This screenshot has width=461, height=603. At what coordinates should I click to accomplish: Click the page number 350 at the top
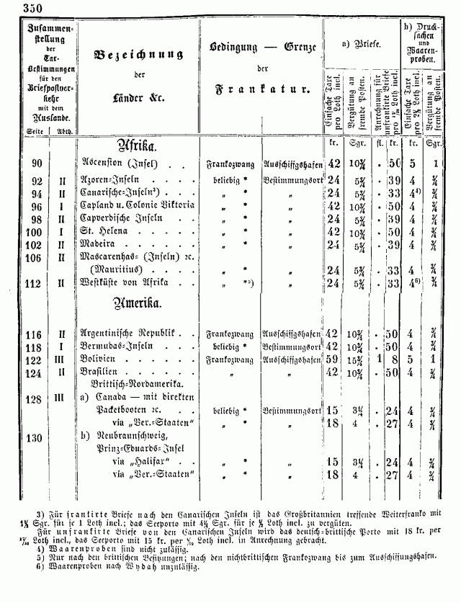click(14, 8)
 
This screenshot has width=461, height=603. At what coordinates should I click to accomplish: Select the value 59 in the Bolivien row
click(333, 359)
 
